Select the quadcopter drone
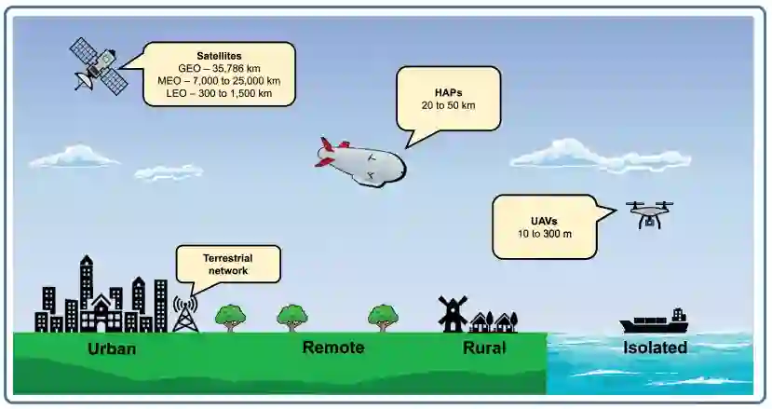point(649,213)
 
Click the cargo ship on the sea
point(655,322)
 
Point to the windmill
point(453,314)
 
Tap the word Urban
point(112,349)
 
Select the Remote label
point(332,348)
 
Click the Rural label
point(484,348)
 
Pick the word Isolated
point(655,348)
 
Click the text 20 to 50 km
point(448,105)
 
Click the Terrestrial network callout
point(227,265)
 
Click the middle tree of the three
point(292,316)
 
